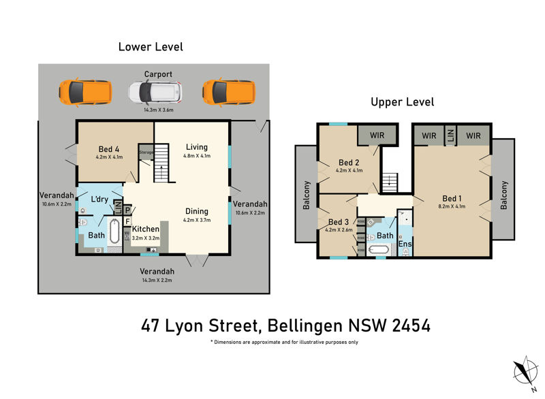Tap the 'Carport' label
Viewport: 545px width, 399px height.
(x=158, y=74)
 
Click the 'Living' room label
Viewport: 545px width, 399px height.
(x=197, y=147)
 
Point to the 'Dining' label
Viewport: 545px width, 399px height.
(x=196, y=211)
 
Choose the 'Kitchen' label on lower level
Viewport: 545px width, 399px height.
(x=145, y=229)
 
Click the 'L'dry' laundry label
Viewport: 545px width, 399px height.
(x=100, y=199)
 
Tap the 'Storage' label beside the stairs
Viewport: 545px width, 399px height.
(x=146, y=153)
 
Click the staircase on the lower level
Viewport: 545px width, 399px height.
(x=161, y=163)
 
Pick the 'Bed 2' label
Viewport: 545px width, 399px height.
(x=349, y=163)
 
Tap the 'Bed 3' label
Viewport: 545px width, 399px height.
(x=338, y=222)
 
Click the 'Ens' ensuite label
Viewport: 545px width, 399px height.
(x=405, y=243)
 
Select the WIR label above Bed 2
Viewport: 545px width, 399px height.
(x=377, y=135)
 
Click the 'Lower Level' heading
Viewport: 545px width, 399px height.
(x=151, y=47)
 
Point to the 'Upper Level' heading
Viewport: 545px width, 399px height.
(x=402, y=102)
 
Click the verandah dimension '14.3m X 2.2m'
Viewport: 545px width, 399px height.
(x=158, y=280)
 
